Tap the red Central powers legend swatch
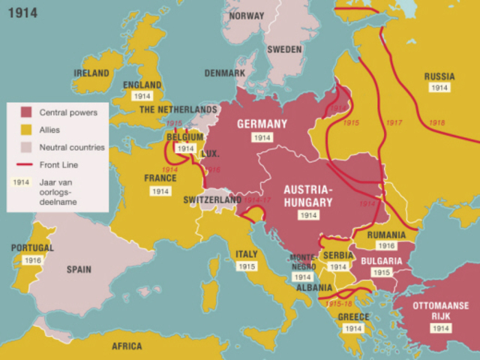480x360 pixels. click(25, 112)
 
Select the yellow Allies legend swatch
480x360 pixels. click(25, 130)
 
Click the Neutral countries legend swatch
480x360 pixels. click(25, 147)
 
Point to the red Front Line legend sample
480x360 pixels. click(25, 164)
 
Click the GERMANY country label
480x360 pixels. click(262, 124)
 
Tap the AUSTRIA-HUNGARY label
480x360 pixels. click(308, 196)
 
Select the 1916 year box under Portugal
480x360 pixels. click(32, 260)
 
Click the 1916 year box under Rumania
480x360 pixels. click(386, 245)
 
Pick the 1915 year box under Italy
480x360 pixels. click(247, 266)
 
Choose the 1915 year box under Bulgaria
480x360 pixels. click(381, 272)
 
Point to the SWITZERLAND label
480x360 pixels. click(213, 200)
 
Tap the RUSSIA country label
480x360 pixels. click(439, 76)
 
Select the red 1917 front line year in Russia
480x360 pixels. click(394, 122)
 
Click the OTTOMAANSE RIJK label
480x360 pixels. click(441, 310)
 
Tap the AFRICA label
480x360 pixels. click(127, 346)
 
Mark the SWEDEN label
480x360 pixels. click(284, 49)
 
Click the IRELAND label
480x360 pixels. click(91, 73)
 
